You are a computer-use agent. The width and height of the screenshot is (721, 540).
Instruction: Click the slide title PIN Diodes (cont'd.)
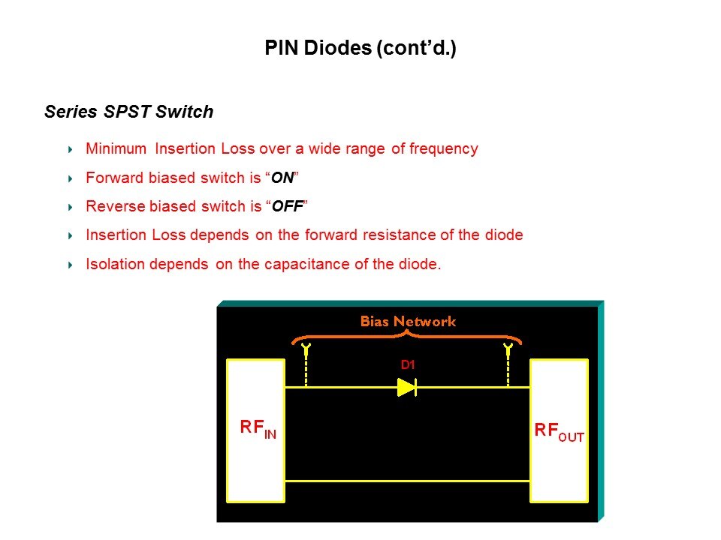click(x=360, y=48)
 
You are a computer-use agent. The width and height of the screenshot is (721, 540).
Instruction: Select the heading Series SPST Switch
click(x=128, y=112)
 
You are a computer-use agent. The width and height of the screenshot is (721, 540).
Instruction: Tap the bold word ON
click(x=282, y=178)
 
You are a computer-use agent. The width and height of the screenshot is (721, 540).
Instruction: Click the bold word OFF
click(x=288, y=206)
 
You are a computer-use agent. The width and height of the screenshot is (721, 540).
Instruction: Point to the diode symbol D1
click(x=407, y=388)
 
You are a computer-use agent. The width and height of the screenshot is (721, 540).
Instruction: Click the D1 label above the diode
click(x=408, y=365)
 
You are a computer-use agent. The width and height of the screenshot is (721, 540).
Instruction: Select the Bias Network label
click(x=408, y=321)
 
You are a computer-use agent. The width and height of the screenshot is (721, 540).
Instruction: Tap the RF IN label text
click(x=258, y=428)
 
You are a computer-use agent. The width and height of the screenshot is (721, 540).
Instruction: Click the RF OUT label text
click(x=559, y=432)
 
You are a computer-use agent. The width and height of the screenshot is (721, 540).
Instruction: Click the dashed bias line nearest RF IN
click(x=306, y=365)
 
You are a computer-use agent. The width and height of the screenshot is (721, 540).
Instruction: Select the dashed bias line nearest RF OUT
click(x=508, y=365)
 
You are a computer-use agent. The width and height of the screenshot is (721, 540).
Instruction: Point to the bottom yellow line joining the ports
click(x=407, y=481)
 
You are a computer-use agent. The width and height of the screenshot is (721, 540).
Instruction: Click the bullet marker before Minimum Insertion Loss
click(x=71, y=149)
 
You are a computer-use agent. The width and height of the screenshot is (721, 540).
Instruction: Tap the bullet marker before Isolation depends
click(x=71, y=265)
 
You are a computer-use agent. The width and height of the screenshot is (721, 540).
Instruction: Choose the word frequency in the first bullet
click(x=444, y=148)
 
